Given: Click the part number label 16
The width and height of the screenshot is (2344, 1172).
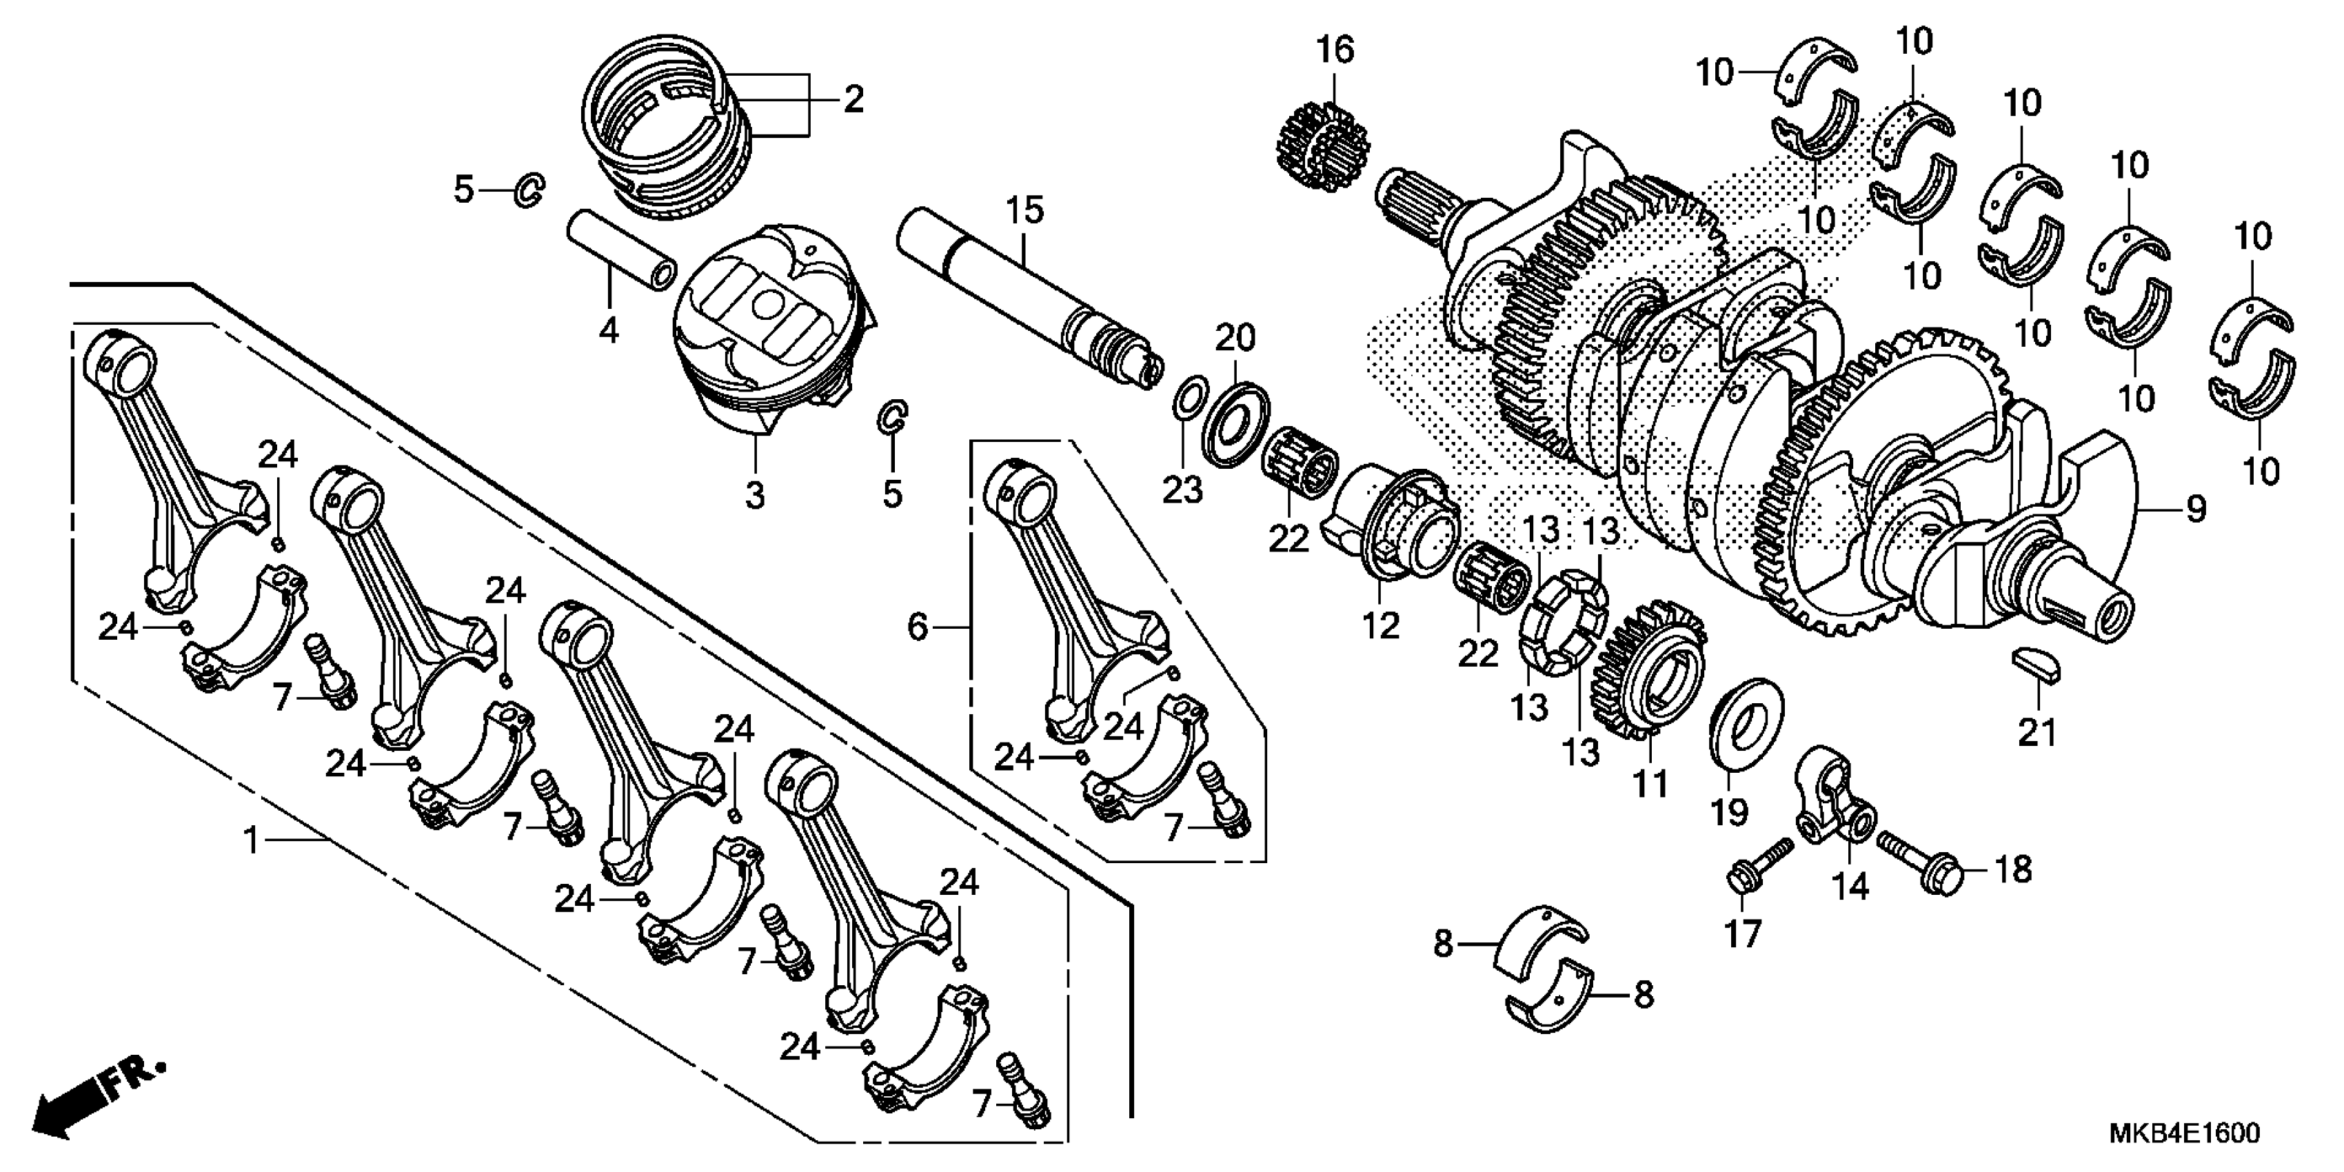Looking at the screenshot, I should tap(1336, 50).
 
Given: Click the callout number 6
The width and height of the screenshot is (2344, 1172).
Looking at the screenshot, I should tap(917, 626).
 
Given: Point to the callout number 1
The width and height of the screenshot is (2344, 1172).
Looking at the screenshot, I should tap(251, 840).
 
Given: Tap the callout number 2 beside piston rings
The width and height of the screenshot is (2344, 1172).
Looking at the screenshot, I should tap(853, 100).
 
